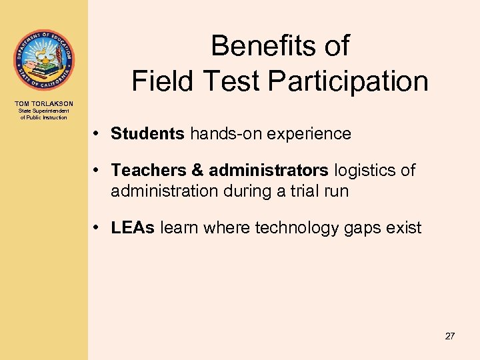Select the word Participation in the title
pyautogui.click(x=348, y=81)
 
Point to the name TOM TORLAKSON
pyautogui.click(x=43, y=103)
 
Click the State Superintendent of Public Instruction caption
pyautogui.click(x=43, y=114)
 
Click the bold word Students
pyautogui.click(x=147, y=134)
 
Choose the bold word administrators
pyautogui.click(x=269, y=171)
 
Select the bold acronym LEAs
pyautogui.click(x=133, y=228)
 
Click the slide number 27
pyautogui.click(x=450, y=336)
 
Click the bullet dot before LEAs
pyautogui.click(x=97, y=228)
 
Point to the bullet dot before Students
pyautogui.click(x=97, y=134)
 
